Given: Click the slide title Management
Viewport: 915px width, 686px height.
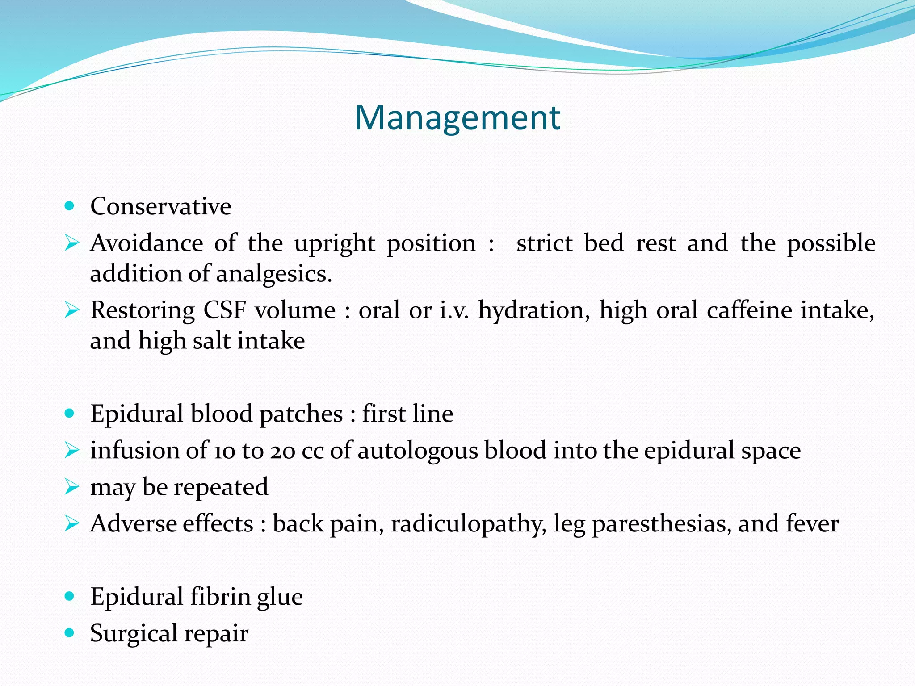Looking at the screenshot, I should (457, 117).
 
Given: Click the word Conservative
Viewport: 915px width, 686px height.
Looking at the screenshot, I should (161, 206).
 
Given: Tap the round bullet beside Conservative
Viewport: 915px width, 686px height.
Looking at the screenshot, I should (69, 206).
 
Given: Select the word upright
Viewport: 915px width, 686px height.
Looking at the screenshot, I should (335, 244).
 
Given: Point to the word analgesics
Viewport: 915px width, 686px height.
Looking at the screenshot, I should (273, 274).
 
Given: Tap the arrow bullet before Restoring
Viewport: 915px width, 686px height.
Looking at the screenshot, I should (71, 310).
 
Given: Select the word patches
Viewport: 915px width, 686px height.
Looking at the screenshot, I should (301, 414).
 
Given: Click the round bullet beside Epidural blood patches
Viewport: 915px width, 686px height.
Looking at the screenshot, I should (69, 413).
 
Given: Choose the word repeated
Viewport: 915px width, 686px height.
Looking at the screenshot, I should (221, 487).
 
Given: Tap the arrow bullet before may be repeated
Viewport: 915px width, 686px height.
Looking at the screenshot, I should (71, 486).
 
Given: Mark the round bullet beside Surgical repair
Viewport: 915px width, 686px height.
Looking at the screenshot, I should (69, 633).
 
